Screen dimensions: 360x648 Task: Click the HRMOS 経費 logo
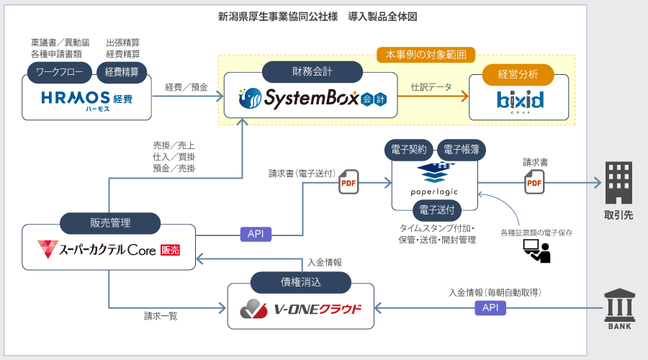point(86,99)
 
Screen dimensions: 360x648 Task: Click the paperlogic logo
point(434,180)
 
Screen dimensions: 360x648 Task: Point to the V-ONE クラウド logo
point(301,310)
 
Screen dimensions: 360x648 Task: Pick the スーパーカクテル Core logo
point(109,251)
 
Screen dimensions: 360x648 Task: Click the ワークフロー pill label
point(59,71)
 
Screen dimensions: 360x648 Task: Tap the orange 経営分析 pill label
point(518,74)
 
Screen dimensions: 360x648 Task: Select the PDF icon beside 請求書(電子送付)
point(348,182)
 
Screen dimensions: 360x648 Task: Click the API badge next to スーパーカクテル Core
point(256,234)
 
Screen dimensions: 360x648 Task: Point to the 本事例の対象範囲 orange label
point(426,54)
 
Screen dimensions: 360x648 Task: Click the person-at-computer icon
point(536,251)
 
